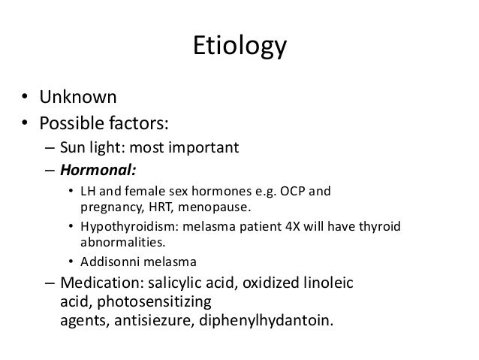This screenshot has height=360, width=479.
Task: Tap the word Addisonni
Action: (109, 262)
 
